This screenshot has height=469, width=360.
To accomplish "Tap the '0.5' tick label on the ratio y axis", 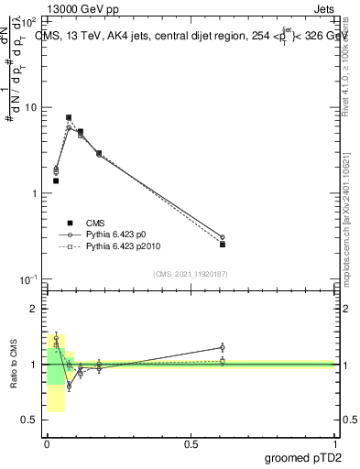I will [31, 420].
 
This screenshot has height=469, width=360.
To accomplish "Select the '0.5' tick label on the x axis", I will [191, 443].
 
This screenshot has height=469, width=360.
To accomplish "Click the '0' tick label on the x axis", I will [46, 443].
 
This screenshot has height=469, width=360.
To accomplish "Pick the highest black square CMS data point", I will [69, 117].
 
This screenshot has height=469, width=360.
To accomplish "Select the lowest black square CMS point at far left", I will [56, 181].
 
